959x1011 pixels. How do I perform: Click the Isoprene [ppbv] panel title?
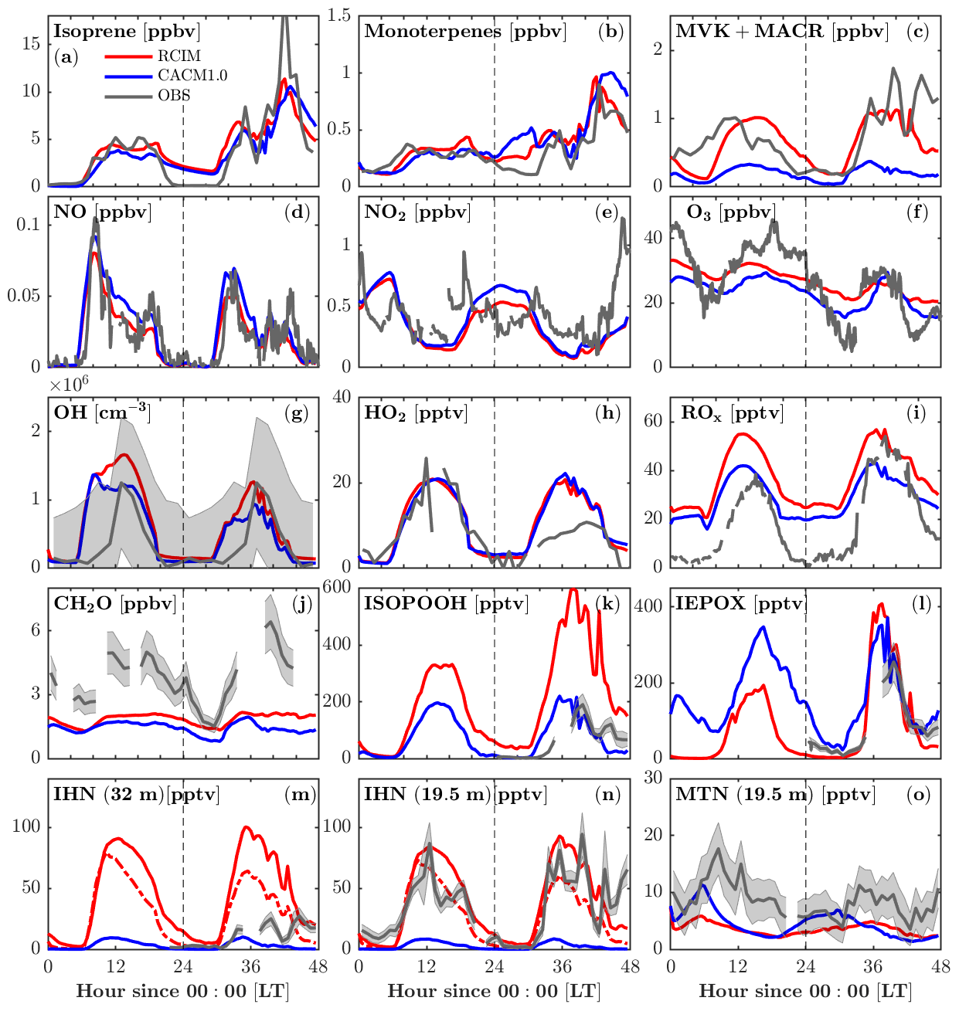click(127, 32)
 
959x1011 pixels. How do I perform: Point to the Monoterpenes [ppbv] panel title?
click(465, 32)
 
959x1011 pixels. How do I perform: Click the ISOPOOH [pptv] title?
click(446, 603)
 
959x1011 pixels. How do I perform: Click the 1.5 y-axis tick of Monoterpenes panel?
click(340, 15)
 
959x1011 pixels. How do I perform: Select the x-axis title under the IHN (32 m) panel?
click(183, 992)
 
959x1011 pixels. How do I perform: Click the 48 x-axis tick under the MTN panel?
click(940, 966)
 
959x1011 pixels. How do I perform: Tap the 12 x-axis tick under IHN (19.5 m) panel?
click(427, 966)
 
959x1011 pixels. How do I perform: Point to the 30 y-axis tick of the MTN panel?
click(654, 778)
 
